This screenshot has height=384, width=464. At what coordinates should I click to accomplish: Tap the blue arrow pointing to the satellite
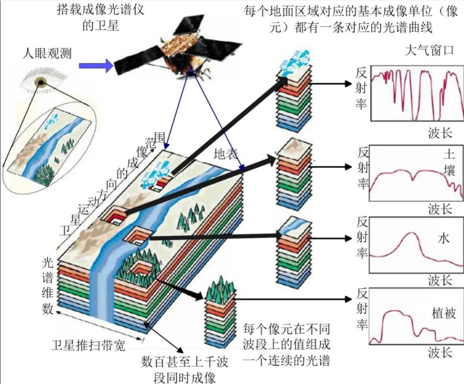[x=95, y=66]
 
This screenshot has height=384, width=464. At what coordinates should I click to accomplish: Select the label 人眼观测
[x=47, y=53]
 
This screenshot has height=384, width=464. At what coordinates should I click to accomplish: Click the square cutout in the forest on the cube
[x=140, y=269]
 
